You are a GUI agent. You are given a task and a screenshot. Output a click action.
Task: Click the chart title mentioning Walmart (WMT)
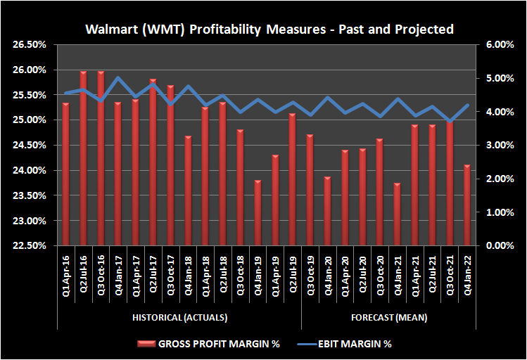(x=269, y=30)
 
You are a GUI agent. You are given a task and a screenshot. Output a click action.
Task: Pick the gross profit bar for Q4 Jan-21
(x=397, y=214)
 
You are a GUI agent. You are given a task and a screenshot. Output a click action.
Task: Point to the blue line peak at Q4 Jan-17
(x=118, y=78)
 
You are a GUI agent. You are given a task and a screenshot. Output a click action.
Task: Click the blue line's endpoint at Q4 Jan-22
(x=466, y=105)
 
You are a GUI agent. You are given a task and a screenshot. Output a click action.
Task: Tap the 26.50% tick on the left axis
(x=31, y=45)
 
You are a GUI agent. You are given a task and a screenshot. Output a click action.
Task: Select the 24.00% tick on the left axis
(x=31, y=171)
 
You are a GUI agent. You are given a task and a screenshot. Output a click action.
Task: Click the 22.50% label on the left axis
(x=31, y=246)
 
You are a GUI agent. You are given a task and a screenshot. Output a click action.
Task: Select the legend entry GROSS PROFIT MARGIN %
(x=215, y=344)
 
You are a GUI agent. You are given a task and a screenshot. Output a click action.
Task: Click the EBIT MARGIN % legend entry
(x=349, y=344)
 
